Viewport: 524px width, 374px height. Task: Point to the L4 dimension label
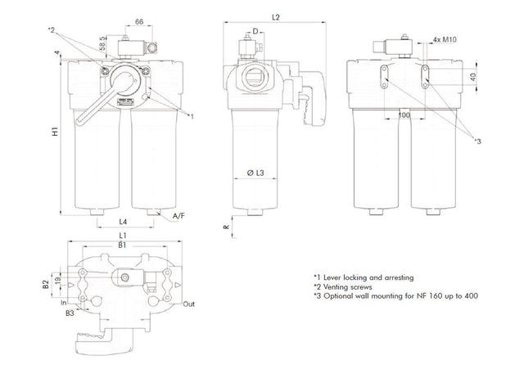tap(122, 223)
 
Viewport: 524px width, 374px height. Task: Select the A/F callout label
tap(178, 216)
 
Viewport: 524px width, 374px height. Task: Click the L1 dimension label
tap(121, 237)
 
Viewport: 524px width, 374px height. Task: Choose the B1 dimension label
tap(121, 246)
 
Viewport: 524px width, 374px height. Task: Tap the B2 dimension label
tap(47, 286)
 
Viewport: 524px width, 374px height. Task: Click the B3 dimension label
tap(72, 312)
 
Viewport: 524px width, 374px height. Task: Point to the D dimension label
tap(255, 31)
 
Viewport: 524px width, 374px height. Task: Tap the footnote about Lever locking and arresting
tap(364, 277)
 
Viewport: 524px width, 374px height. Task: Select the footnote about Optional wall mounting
tap(395, 297)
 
